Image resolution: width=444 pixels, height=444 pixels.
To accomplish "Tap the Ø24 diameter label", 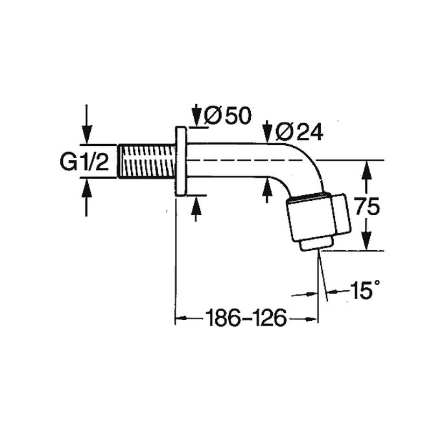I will [297, 132].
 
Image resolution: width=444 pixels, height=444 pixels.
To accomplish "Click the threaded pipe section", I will [146, 161].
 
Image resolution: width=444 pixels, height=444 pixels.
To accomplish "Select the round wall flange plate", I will [181, 161].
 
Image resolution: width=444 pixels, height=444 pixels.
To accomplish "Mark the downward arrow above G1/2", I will [88, 130].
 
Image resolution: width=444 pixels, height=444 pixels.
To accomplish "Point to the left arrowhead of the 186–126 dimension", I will [182, 318].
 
